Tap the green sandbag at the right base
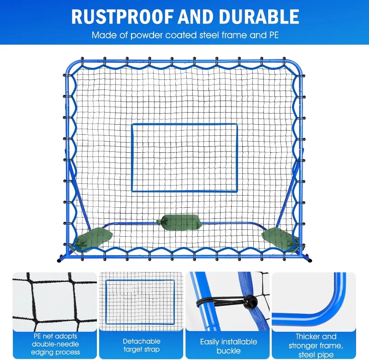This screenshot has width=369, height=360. point(280,239)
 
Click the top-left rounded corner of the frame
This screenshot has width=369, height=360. point(70,65)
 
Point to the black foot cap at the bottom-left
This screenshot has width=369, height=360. point(59,260)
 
